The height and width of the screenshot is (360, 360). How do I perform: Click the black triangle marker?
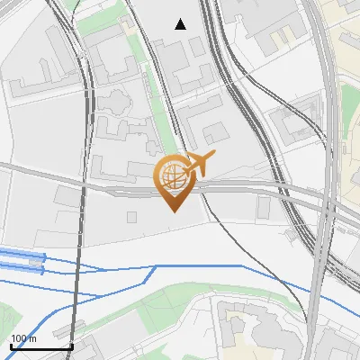(181, 24)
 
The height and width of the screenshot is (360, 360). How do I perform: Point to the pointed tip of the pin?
(173, 211)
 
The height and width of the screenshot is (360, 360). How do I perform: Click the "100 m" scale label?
(24, 338)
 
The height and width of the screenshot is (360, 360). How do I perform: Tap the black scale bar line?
(41, 346)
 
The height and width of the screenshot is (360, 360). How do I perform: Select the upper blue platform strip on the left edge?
(22, 256)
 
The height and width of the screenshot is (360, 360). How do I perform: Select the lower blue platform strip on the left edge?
(22, 268)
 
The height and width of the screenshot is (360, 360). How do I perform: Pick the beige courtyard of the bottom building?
(236, 314)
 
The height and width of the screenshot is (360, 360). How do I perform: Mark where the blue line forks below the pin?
(157, 266)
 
